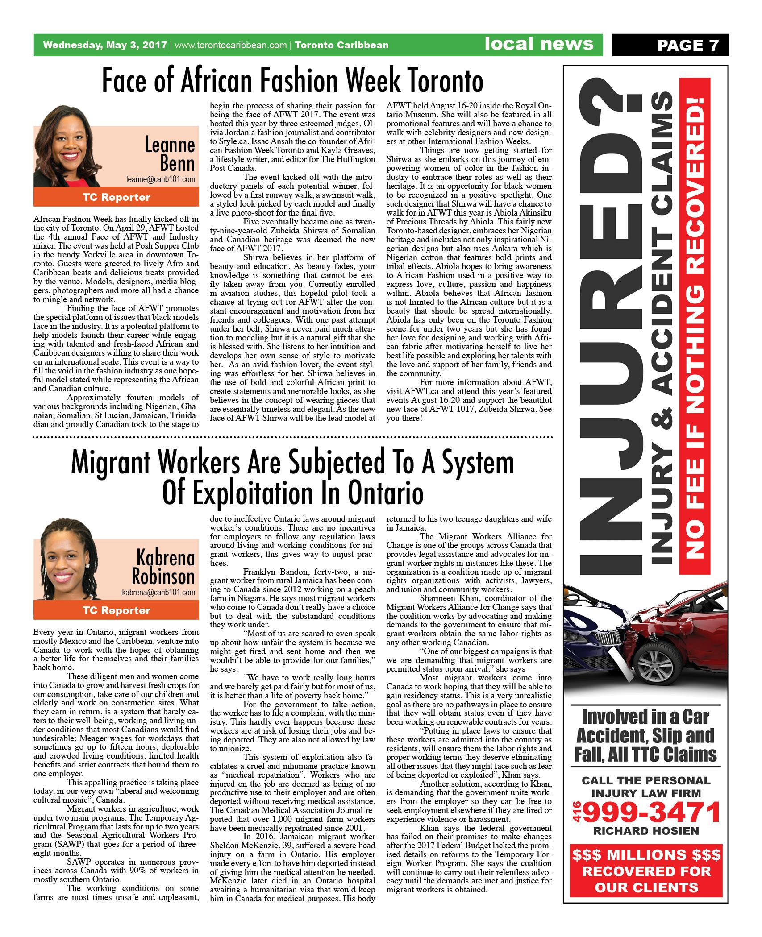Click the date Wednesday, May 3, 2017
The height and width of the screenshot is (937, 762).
[x=105, y=45]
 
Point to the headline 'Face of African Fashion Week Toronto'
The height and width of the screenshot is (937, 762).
[x=293, y=81]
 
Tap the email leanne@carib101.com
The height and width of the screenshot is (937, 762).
[x=160, y=179]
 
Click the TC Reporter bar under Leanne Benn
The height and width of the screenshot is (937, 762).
[x=116, y=197]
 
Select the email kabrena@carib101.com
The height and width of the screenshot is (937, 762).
[x=158, y=593]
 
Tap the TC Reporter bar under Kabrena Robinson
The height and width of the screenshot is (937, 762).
[x=116, y=610]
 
